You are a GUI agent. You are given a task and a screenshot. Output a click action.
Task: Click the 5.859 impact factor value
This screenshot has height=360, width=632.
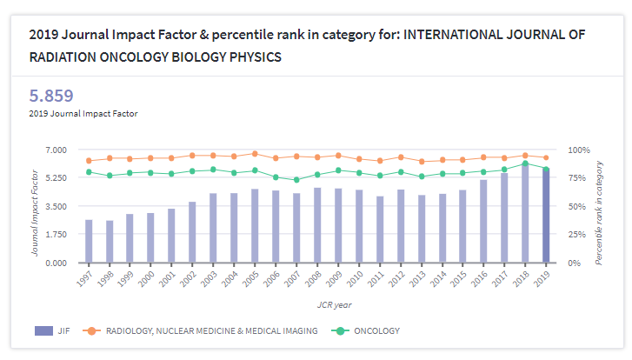point(51,96)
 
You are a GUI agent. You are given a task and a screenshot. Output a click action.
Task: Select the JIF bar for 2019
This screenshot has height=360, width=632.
point(546,217)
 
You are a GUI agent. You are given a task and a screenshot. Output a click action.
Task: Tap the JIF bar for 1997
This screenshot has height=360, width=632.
point(89,241)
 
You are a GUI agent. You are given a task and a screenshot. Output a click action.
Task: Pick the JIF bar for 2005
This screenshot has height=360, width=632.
point(255,226)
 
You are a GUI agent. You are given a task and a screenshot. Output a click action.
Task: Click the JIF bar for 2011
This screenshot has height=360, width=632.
point(380,230)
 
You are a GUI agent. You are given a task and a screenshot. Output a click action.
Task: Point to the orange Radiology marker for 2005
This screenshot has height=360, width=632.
point(255,153)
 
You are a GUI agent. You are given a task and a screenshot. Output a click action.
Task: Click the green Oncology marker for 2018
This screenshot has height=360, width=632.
point(525,163)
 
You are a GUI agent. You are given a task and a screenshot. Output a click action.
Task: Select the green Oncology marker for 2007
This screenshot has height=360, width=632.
point(296,180)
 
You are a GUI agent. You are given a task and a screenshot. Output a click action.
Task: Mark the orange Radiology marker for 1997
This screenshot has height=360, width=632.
point(89,161)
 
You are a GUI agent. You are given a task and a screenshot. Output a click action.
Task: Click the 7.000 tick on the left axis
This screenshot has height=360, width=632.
point(55,150)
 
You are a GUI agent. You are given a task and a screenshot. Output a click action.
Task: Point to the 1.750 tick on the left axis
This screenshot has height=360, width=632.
point(55,235)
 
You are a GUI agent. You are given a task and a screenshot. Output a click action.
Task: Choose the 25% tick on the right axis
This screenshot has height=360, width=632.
point(575,235)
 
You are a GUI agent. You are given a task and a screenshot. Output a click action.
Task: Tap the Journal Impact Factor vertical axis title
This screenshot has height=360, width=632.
point(36,206)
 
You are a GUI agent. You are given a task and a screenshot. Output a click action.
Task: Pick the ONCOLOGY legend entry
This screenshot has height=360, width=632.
point(376,331)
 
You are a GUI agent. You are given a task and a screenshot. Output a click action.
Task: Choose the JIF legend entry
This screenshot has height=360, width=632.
point(55,331)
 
